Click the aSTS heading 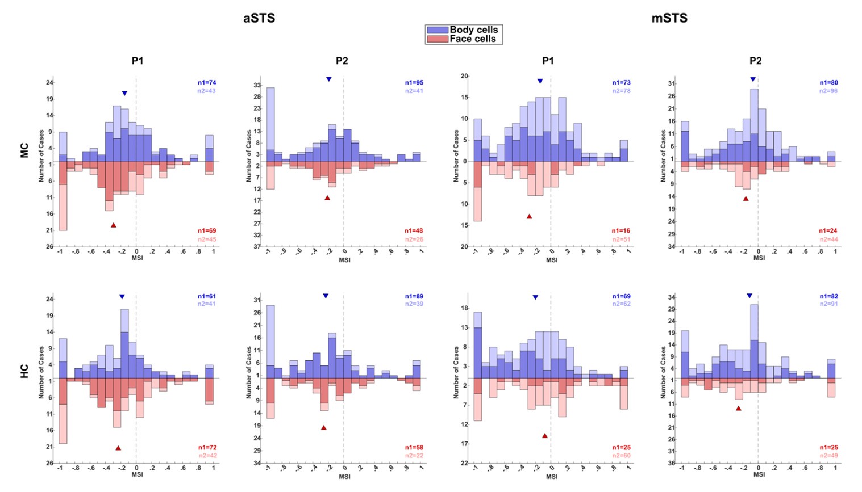(259, 18)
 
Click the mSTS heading (669, 18)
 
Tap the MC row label (24, 150)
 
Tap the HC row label (24, 371)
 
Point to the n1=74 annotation (207, 83)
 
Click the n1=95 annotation (414, 83)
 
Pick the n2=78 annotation (621, 91)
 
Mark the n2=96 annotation (828, 91)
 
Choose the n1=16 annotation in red (621, 231)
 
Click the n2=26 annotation (414, 239)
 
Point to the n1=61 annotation (207, 296)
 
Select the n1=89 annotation (414, 296)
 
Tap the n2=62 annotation (621, 304)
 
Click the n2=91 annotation (828, 304)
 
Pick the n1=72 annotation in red (207, 448)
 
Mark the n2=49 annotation (828, 456)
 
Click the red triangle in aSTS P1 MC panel (114, 225)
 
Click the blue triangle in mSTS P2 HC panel (749, 296)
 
